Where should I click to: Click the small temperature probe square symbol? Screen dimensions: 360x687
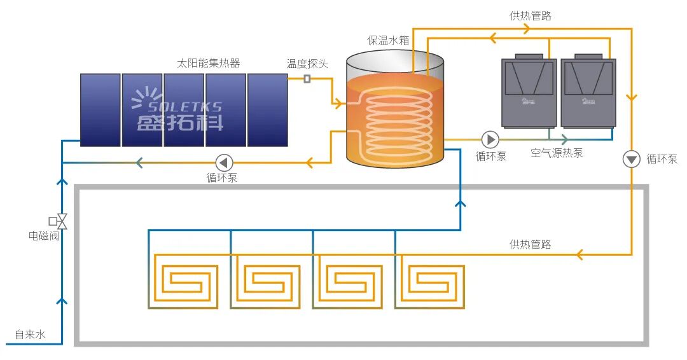coord(307,79)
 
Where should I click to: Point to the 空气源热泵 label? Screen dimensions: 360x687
coord(557,153)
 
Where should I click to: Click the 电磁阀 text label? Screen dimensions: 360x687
coord(44,236)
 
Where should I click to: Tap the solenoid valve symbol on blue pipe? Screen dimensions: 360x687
coord(61,221)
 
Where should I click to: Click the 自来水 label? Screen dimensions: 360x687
coord(30,334)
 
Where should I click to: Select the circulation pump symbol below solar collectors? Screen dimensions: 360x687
coord(225,162)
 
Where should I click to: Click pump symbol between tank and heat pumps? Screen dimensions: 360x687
coord(490,139)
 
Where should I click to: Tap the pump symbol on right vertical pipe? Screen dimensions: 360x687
coord(631,159)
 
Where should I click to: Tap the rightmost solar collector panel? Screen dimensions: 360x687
coord(267,109)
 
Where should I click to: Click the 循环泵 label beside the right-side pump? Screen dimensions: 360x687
coord(662,159)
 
